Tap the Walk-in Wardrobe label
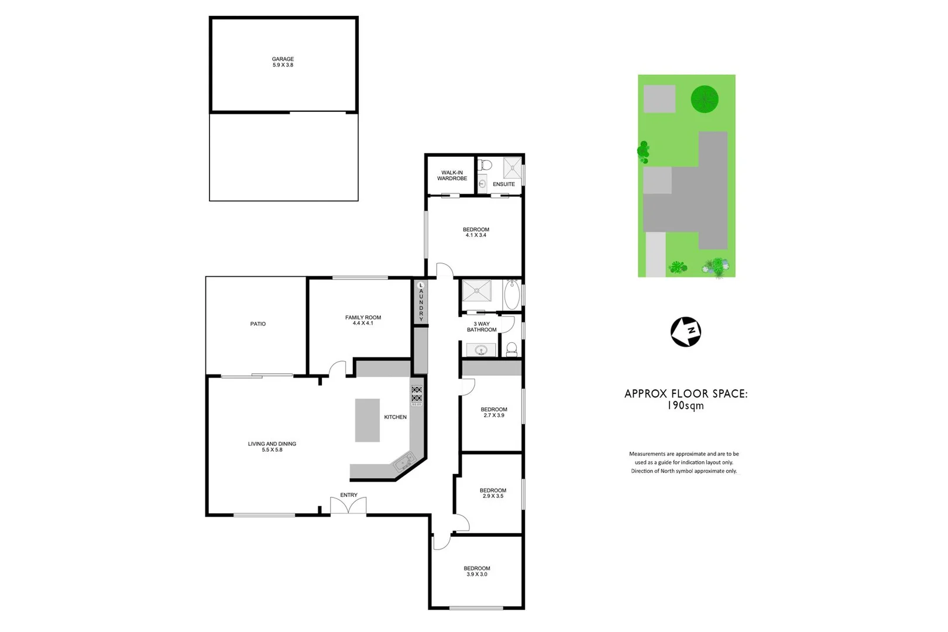(452, 176)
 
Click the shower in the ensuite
(512, 167)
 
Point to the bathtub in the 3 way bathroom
(511, 294)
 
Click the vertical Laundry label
(421, 301)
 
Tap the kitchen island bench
(367, 420)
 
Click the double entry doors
(348, 506)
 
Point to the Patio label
(258, 324)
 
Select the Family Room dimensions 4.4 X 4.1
(363, 323)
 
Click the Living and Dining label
(272, 444)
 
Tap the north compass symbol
(685, 332)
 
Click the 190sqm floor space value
(686, 406)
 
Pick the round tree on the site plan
(704, 99)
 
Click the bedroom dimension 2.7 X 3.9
(494, 415)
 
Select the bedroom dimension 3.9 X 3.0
(477, 575)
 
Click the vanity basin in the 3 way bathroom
(482, 351)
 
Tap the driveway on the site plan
(656, 254)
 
